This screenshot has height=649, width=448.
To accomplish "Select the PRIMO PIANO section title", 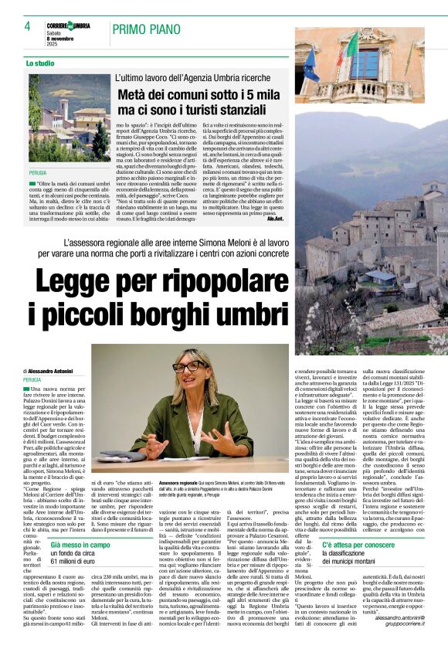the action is [x=150, y=30].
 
